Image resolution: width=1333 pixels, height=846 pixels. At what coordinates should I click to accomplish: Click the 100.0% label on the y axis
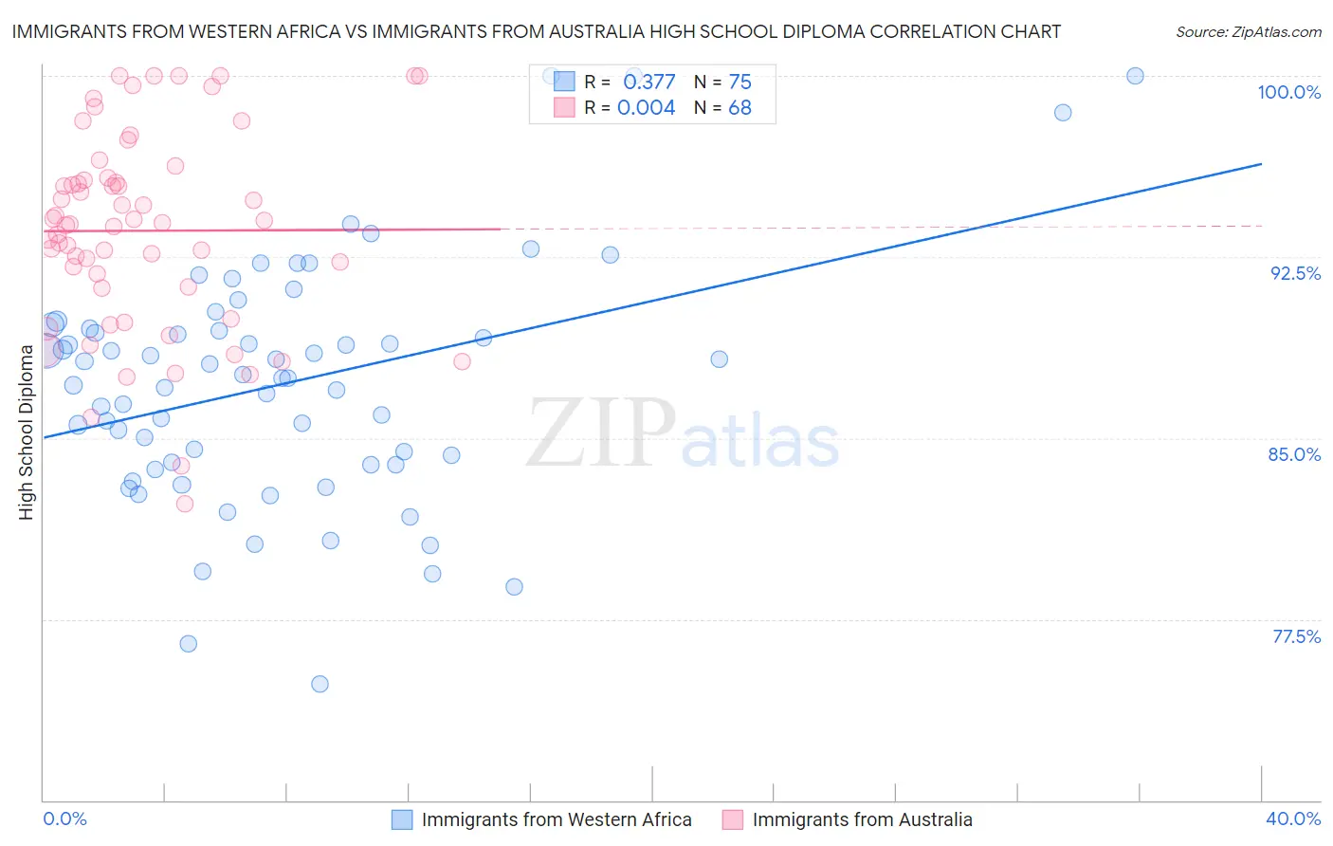[x=1288, y=92]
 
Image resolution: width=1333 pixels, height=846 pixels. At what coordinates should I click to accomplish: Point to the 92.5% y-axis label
[x=1295, y=273]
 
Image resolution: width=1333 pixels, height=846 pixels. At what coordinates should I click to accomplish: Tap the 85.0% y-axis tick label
[x=1294, y=454]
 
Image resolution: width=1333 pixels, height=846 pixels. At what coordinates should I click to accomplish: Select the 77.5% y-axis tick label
[x=1296, y=636]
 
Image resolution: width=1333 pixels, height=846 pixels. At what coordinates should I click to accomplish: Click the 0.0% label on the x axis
[x=64, y=818]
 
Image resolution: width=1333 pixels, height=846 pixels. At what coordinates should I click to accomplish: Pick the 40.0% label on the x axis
[x=1293, y=818]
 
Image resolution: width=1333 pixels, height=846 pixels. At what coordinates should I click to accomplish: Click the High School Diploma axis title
[x=27, y=432]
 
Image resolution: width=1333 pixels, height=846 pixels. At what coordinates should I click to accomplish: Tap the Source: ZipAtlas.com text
[x=1248, y=32]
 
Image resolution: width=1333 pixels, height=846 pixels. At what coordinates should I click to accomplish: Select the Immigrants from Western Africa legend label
[x=557, y=819]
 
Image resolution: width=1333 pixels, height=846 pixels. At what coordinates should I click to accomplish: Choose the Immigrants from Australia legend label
[x=862, y=819]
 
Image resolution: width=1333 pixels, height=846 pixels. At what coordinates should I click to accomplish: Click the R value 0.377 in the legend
[x=648, y=83]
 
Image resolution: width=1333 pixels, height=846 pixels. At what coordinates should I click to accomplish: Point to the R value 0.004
[x=646, y=108]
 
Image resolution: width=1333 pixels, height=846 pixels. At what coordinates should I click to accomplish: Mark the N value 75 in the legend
[x=740, y=83]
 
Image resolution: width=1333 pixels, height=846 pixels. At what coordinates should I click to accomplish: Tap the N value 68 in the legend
[x=740, y=108]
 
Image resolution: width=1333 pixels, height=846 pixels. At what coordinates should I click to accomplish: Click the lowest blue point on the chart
[x=320, y=684]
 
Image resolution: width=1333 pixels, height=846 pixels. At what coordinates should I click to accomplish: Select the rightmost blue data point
[x=1135, y=76]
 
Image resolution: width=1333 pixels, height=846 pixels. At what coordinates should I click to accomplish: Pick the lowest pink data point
[x=185, y=504]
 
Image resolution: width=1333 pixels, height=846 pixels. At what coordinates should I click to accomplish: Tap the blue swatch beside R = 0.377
[x=565, y=82]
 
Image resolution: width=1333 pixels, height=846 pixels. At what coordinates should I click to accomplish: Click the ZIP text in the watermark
[x=601, y=433]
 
